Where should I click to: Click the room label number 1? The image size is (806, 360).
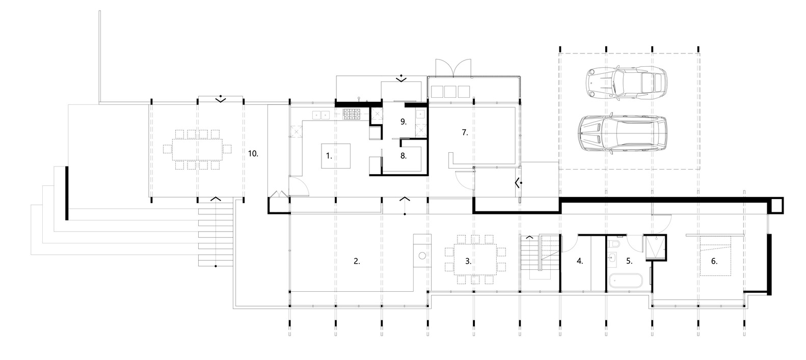pyautogui.click(x=329, y=156)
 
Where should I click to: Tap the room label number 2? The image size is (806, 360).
pyautogui.click(x=357, y=261)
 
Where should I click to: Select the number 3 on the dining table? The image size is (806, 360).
pyautogui.click(x=468, y=261)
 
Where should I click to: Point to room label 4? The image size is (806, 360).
pyautogui.click(x=580, y=261)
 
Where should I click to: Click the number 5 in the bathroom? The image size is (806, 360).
pyautogui.click(x=629, y=261)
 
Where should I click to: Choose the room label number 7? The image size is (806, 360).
pyautogui.click(x=465, y=132)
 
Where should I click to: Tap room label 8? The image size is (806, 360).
pyautogui.click(x=404, y=156)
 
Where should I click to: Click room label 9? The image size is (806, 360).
pyautogui.click(x=404, y=122)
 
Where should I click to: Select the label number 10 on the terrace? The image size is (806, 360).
pyautogui.click(x=253, y=154)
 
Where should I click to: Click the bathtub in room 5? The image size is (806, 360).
pyautogui.click(x=626, y=281)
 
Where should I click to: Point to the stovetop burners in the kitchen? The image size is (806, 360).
pyautogui.click(x=351, y=114)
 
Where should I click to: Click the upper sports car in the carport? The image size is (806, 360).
pyautogui.click(x=626, y=82)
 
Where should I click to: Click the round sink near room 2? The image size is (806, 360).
pyautogui.click(x=422, y=256)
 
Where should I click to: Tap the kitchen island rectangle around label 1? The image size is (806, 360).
pyautogui.click(x=336, y=156)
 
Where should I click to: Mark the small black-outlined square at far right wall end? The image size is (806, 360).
pyautogui.click(x=776, y=206)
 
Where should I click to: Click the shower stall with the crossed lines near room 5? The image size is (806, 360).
pyautogui.click(x=655, y=247)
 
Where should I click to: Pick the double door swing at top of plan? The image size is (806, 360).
pyautogui.click(x=453, y=68)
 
